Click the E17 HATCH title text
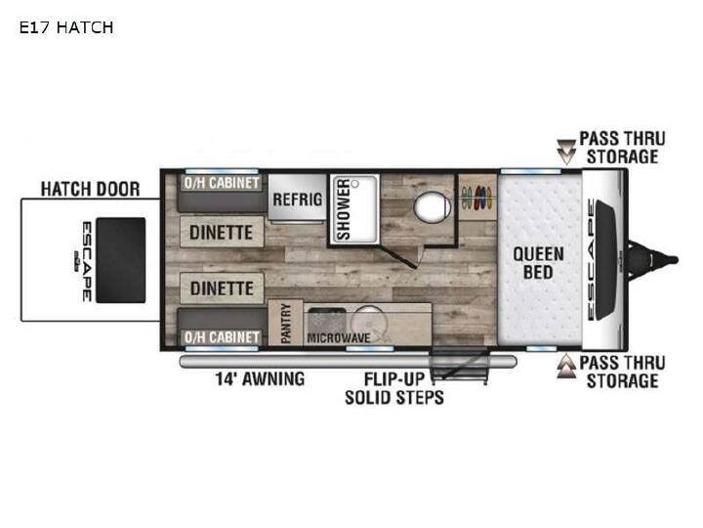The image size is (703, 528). coord(66,27)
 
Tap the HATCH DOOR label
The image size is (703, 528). coord(90,189)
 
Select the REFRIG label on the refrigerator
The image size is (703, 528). coord(297,198)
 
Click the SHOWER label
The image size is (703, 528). coord(344,209)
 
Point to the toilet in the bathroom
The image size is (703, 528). coord(432,207)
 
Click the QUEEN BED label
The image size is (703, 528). coord(538,263)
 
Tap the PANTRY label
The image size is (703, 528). coord(285,324)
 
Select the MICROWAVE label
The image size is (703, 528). coord(339,338)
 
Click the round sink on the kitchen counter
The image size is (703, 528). coord(369,322)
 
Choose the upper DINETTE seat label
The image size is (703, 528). coord(221,233)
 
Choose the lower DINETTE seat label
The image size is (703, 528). coord(222,288)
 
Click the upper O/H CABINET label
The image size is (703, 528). coord(222,183)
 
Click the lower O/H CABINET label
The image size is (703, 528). coord(222,337)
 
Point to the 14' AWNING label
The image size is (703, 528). coord(260,379)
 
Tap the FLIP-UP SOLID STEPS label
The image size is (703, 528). coord(394,388)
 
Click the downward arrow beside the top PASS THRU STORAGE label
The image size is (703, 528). coord(566,152)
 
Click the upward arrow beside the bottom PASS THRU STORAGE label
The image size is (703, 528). coord(566,366)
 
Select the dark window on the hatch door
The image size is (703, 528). coord(121,260)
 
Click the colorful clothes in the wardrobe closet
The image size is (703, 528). coord(477,198)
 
